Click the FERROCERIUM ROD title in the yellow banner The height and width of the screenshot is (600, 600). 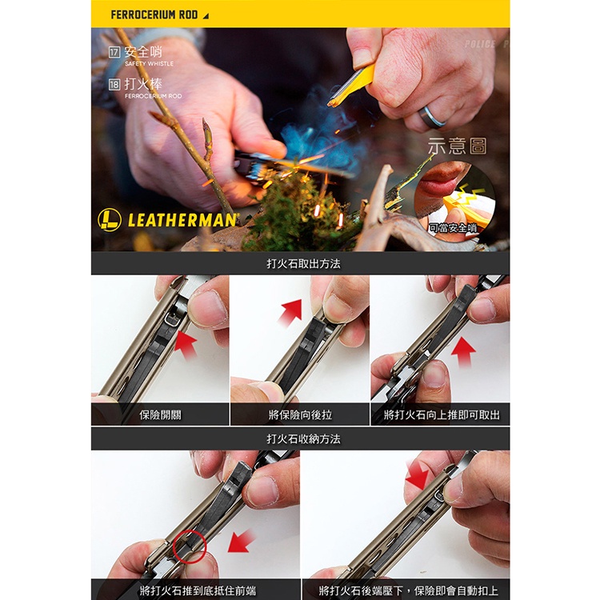[x=154, y=15]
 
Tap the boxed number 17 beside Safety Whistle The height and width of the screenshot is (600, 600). [x=114, y=52]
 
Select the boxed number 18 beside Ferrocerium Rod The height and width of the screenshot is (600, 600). [x=114, y=85]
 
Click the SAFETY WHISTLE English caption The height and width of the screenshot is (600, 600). [x=150, y=63]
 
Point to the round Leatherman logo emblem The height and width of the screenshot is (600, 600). [x=110, y=220]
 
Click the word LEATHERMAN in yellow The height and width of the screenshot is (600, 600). [x=182, y=221]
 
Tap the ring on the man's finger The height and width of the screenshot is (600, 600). [x=432, y=116]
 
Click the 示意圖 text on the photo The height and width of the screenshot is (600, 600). [x=458, y=146]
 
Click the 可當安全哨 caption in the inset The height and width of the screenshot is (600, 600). [x=453, y=228]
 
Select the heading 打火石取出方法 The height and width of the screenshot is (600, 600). [x=303, y=264]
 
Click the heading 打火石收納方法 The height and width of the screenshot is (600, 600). [x=303, y=439]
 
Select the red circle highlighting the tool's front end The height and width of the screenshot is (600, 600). [x=190, y=547]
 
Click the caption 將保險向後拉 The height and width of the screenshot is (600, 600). [x=300, y=414]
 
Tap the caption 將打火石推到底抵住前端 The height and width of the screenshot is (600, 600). [x=198, y=590]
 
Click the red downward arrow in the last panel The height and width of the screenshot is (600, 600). [x=418, y=474]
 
